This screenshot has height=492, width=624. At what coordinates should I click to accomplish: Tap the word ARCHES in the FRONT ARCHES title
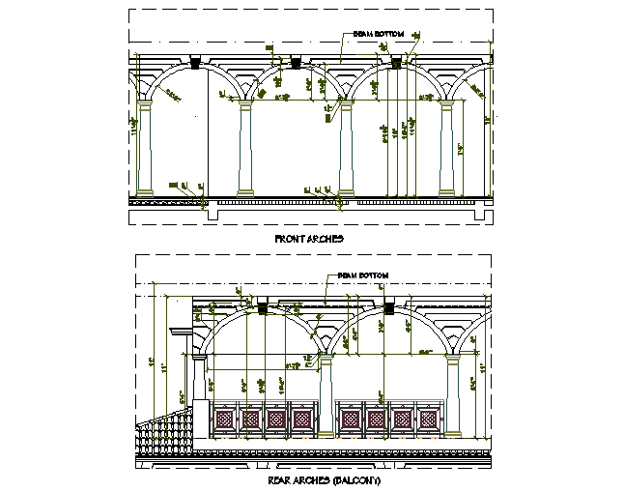pyautogui.click(x=326, y=238)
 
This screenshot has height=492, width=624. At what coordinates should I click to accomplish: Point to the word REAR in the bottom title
pyautogui.click(x=277, y=480)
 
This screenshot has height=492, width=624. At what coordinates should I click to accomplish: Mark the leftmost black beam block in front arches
pyautogui.click(x=196, y=64)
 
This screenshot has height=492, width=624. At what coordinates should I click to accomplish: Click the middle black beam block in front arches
pyautogui.click(x=296, y=64)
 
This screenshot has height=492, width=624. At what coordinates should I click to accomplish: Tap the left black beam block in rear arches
pyautogui.click(x=262, y=308)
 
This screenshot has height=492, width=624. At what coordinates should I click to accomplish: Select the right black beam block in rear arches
pyautogui.click(x=389, y=308)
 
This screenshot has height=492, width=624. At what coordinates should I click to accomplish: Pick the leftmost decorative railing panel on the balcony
pyautogui.click(x=225, y=419)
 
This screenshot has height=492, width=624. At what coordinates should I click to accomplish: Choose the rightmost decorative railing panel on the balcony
pyautogui.click(x=427, y=419)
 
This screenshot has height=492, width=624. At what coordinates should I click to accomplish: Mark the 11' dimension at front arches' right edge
pyautogui.click(x=487, y=121)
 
